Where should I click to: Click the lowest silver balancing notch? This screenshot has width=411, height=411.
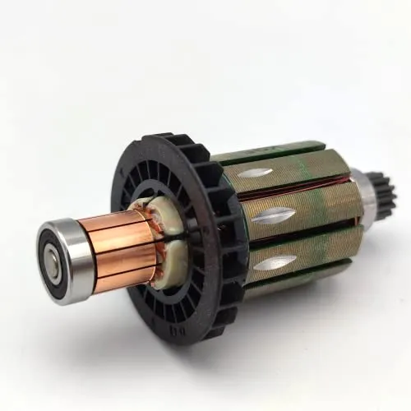click(x=275, y=262)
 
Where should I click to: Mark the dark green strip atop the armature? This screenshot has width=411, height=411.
click(x=271, y=152)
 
